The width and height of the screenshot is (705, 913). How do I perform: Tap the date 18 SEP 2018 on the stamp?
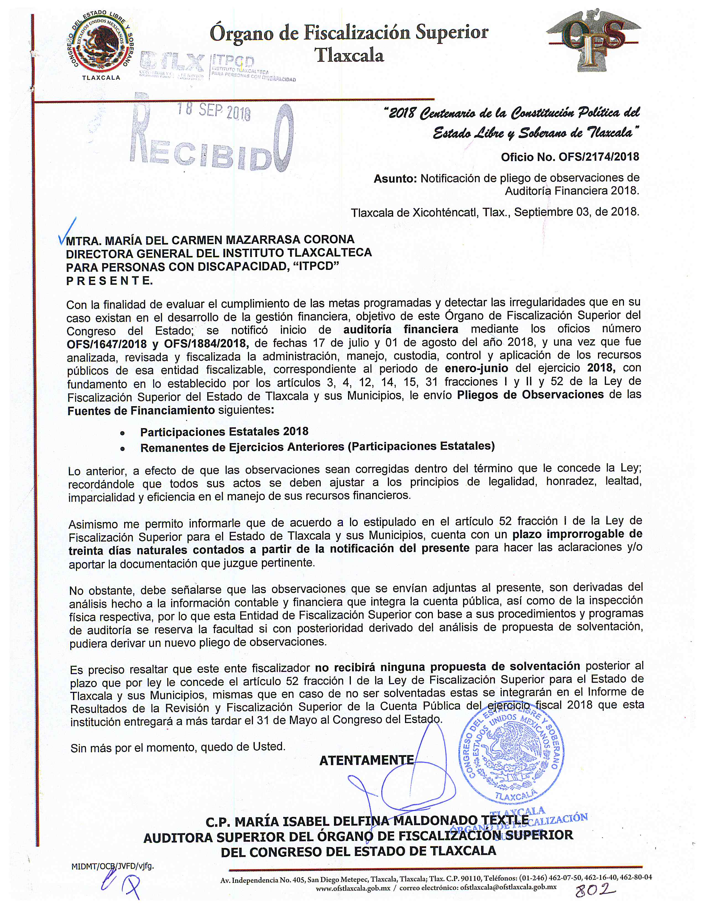pyautogui.click(x=214, y=111)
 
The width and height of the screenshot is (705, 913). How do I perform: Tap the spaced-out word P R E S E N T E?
pyautogui.click(x=109, y=281)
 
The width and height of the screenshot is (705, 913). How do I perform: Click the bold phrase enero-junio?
pyautogui.click(x=476, y=369)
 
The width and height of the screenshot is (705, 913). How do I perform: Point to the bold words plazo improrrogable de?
pyautogui.click(x=577, y=534)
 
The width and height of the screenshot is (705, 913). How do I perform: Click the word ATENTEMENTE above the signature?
pyautogui.click(x=366, y=760)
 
